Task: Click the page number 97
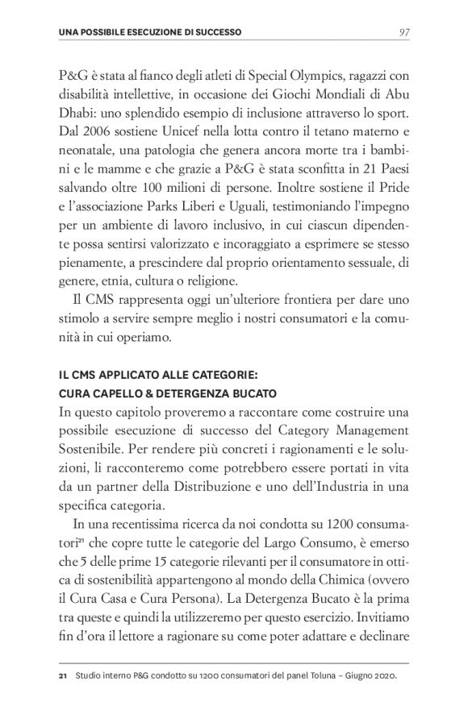(405, 32)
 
